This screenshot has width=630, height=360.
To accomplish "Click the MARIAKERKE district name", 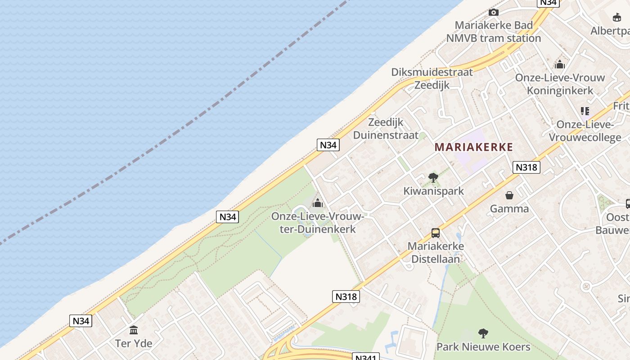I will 474,147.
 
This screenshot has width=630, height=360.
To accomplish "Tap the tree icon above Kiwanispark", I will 433,178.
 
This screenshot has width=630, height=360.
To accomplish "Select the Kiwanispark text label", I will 433,191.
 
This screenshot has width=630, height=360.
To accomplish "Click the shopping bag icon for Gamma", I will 509,195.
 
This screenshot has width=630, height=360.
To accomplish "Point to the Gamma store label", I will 509,209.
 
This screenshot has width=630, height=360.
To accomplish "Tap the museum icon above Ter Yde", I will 134,330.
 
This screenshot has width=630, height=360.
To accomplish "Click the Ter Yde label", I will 134,343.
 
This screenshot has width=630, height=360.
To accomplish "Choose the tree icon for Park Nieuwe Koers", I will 483,333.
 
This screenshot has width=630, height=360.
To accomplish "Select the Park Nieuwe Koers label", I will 483,347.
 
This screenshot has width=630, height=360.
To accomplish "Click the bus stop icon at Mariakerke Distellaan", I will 436,233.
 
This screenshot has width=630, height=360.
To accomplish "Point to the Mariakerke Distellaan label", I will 436,252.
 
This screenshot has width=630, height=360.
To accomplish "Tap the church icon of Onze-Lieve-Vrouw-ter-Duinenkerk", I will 318,203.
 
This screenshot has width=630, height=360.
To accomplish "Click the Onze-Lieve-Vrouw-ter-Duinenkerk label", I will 318,223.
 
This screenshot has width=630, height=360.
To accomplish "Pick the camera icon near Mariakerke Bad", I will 494,12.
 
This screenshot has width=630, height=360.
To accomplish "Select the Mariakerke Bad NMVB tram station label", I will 494,31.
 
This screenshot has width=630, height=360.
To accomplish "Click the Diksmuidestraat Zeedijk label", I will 432,78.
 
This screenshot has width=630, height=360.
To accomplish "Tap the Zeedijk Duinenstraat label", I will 386,129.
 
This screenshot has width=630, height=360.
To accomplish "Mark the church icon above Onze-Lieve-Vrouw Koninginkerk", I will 560,64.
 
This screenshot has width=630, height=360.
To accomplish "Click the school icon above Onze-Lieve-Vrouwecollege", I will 585,111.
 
